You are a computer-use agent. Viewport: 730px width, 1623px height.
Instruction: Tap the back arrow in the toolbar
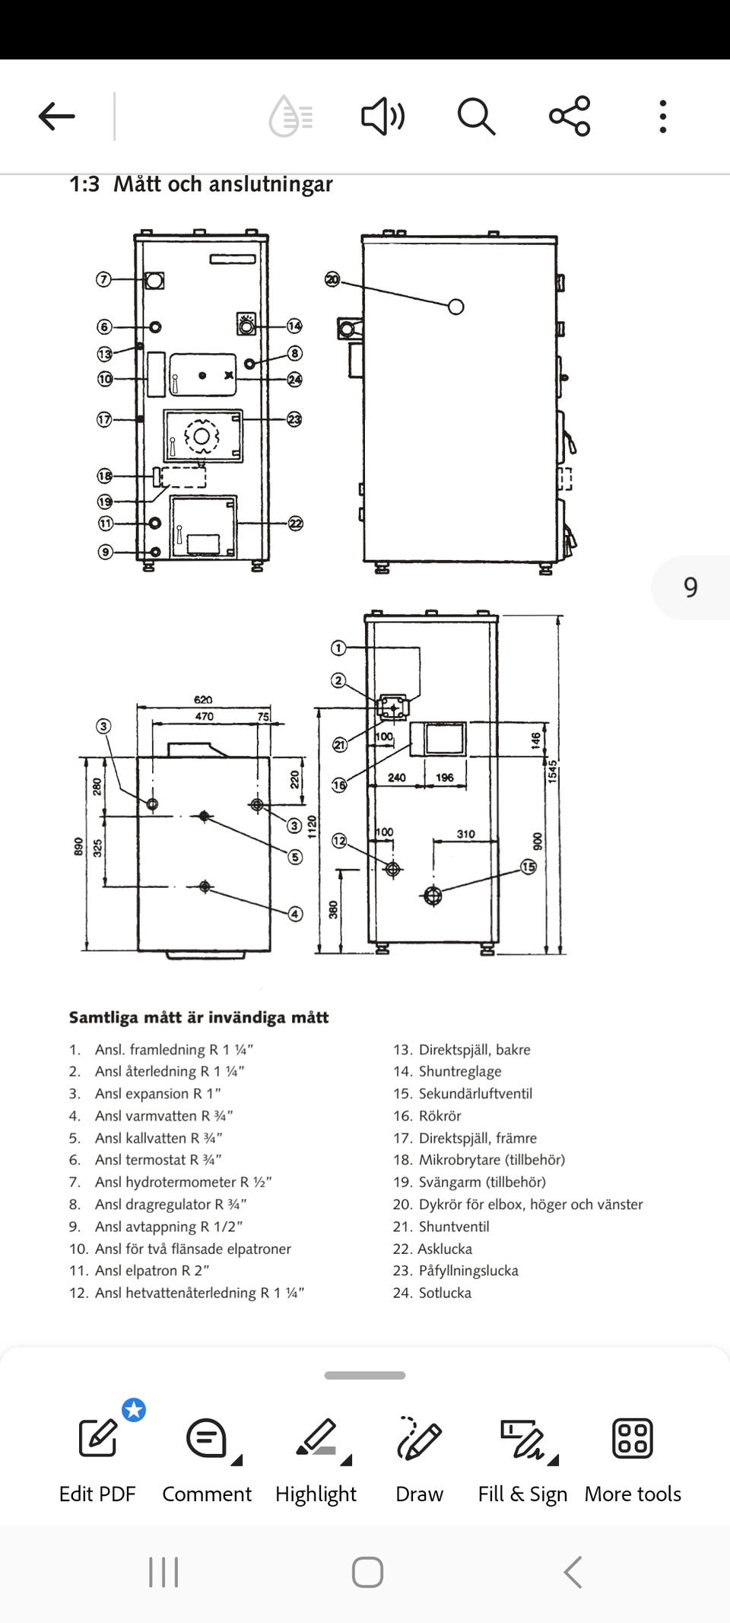pyautogui.click(x=57, y=116)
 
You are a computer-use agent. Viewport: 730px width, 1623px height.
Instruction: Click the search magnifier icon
pyautogui.click(x=476, y=116)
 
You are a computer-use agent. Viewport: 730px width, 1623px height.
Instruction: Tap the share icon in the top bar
pyautogui.click(x=570, y=116)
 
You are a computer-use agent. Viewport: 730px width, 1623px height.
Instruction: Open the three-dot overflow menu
pyautogui.click(x=663, y=116)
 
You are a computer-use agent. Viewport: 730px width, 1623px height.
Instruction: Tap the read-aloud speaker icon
pyautogui.click(x=382, y=116)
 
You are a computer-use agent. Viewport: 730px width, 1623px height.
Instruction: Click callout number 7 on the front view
pyautogui.click(x=103, y=279)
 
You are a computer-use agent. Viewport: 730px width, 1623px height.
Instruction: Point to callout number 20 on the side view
pyautogui.click(x=332, y=279)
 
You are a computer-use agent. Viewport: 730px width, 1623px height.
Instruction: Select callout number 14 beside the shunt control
pyautogui.click(x=294, y=326)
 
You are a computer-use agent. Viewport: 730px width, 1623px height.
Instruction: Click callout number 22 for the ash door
pyautogui.click(x=295, y=523)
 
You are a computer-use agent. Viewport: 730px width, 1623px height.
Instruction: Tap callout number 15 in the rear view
pyautogui.click(x=528, y=867)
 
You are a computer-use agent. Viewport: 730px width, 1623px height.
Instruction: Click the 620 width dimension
pyautogui.click(x=203, y=699)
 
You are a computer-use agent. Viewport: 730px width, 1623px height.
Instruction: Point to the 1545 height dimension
pyautogui.click(x=553, y=771)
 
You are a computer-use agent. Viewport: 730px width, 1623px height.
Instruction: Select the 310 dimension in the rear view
pyautogui.click(x=465, y=834)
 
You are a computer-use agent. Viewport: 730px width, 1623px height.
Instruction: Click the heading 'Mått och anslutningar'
pyautogui.click(x=223, y=184)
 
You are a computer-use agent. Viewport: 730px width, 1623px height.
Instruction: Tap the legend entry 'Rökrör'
pyautogui.click(x=440, y=1115)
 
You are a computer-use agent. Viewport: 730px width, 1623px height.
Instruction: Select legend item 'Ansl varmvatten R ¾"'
pyautogui.click(x=163, y=1115)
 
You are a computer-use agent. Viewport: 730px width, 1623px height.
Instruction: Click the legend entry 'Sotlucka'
pyautogui.click(x=445, y=1293)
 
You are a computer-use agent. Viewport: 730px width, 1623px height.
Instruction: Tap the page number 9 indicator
pyautogui.click(x=690, y=587)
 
